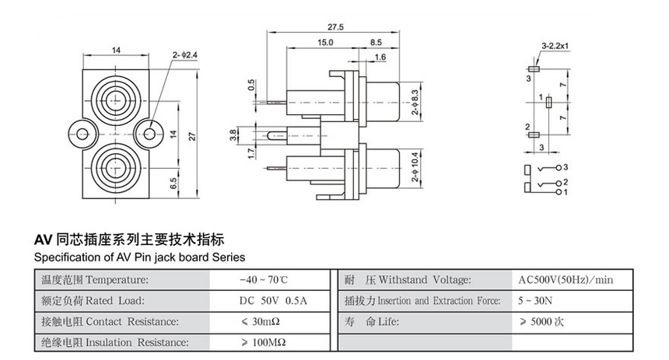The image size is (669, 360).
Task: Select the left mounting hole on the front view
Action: pyautogui.click(x=79, y=134)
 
